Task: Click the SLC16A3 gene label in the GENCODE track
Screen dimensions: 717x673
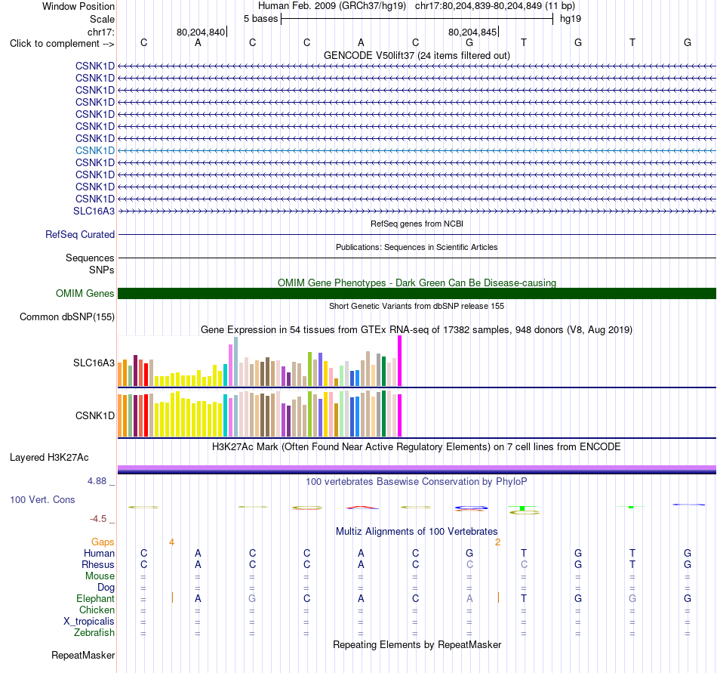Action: coord(94,211)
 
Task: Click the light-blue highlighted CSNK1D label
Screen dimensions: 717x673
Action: coord(95,150)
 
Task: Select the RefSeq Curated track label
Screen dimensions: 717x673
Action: coord(80,234)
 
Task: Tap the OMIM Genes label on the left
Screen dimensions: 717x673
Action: coord(85,293)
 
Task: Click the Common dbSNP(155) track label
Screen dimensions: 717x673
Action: coord(67,317)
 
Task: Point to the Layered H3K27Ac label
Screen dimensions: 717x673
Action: coord(49,458)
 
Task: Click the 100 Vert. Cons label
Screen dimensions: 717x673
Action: coord(42,499)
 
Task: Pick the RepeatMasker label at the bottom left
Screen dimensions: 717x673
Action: coord(83,655)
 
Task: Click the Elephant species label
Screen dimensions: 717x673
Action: coord(96,598)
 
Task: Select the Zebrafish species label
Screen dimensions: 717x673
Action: coord(94,632)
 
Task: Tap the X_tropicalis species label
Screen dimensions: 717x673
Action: coord(89,622)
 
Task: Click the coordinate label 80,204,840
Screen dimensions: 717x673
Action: coord(201,32)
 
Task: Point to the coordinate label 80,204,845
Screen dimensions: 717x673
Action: coord(472,32)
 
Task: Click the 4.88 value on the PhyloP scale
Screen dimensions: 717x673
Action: coord(97,481)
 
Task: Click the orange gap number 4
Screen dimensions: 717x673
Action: coord(171,542)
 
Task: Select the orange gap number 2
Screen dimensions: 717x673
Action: coord(497,542)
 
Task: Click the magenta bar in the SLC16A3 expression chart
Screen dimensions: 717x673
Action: coord(400,361)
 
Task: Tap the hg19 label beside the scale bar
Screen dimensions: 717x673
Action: coord(571,19)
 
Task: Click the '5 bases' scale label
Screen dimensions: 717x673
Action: coord(260,19)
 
